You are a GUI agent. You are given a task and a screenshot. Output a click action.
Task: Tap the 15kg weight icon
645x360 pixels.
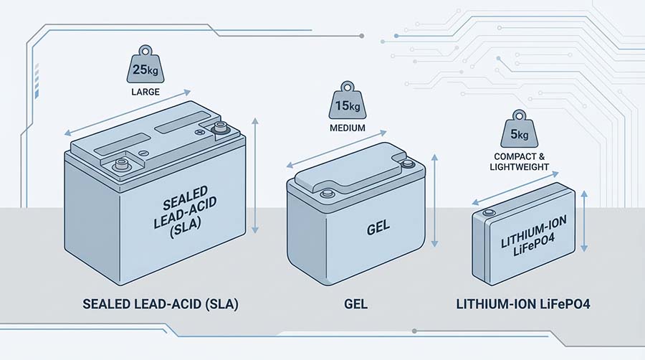pos(346,106)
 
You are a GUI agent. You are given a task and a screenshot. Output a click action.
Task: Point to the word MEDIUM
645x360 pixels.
pos(347,129)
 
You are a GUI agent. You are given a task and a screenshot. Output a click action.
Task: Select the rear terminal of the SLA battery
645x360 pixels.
pos(219,129)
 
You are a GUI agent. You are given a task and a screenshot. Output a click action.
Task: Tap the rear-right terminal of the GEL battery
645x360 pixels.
pos(407,164)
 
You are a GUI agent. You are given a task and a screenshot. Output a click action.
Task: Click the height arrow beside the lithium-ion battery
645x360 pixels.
pos(586,222)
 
